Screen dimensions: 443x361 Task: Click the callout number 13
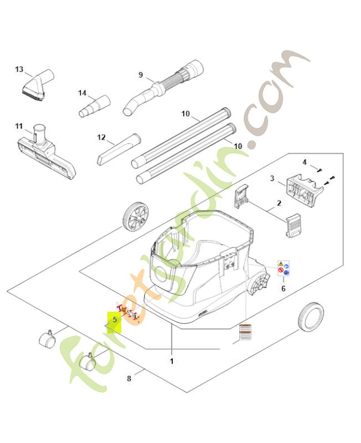19,70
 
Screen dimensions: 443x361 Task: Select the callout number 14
82,92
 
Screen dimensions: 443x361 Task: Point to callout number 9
141,75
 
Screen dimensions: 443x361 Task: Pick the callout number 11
18,126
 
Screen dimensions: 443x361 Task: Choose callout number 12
101,137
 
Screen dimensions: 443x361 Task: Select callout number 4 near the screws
304,162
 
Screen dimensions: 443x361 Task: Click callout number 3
272,178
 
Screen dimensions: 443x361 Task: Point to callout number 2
279,203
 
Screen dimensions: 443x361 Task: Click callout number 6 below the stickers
283,289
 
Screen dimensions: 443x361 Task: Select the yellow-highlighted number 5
115,320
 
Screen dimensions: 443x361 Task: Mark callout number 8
129,379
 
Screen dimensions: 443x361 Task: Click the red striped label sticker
245,333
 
